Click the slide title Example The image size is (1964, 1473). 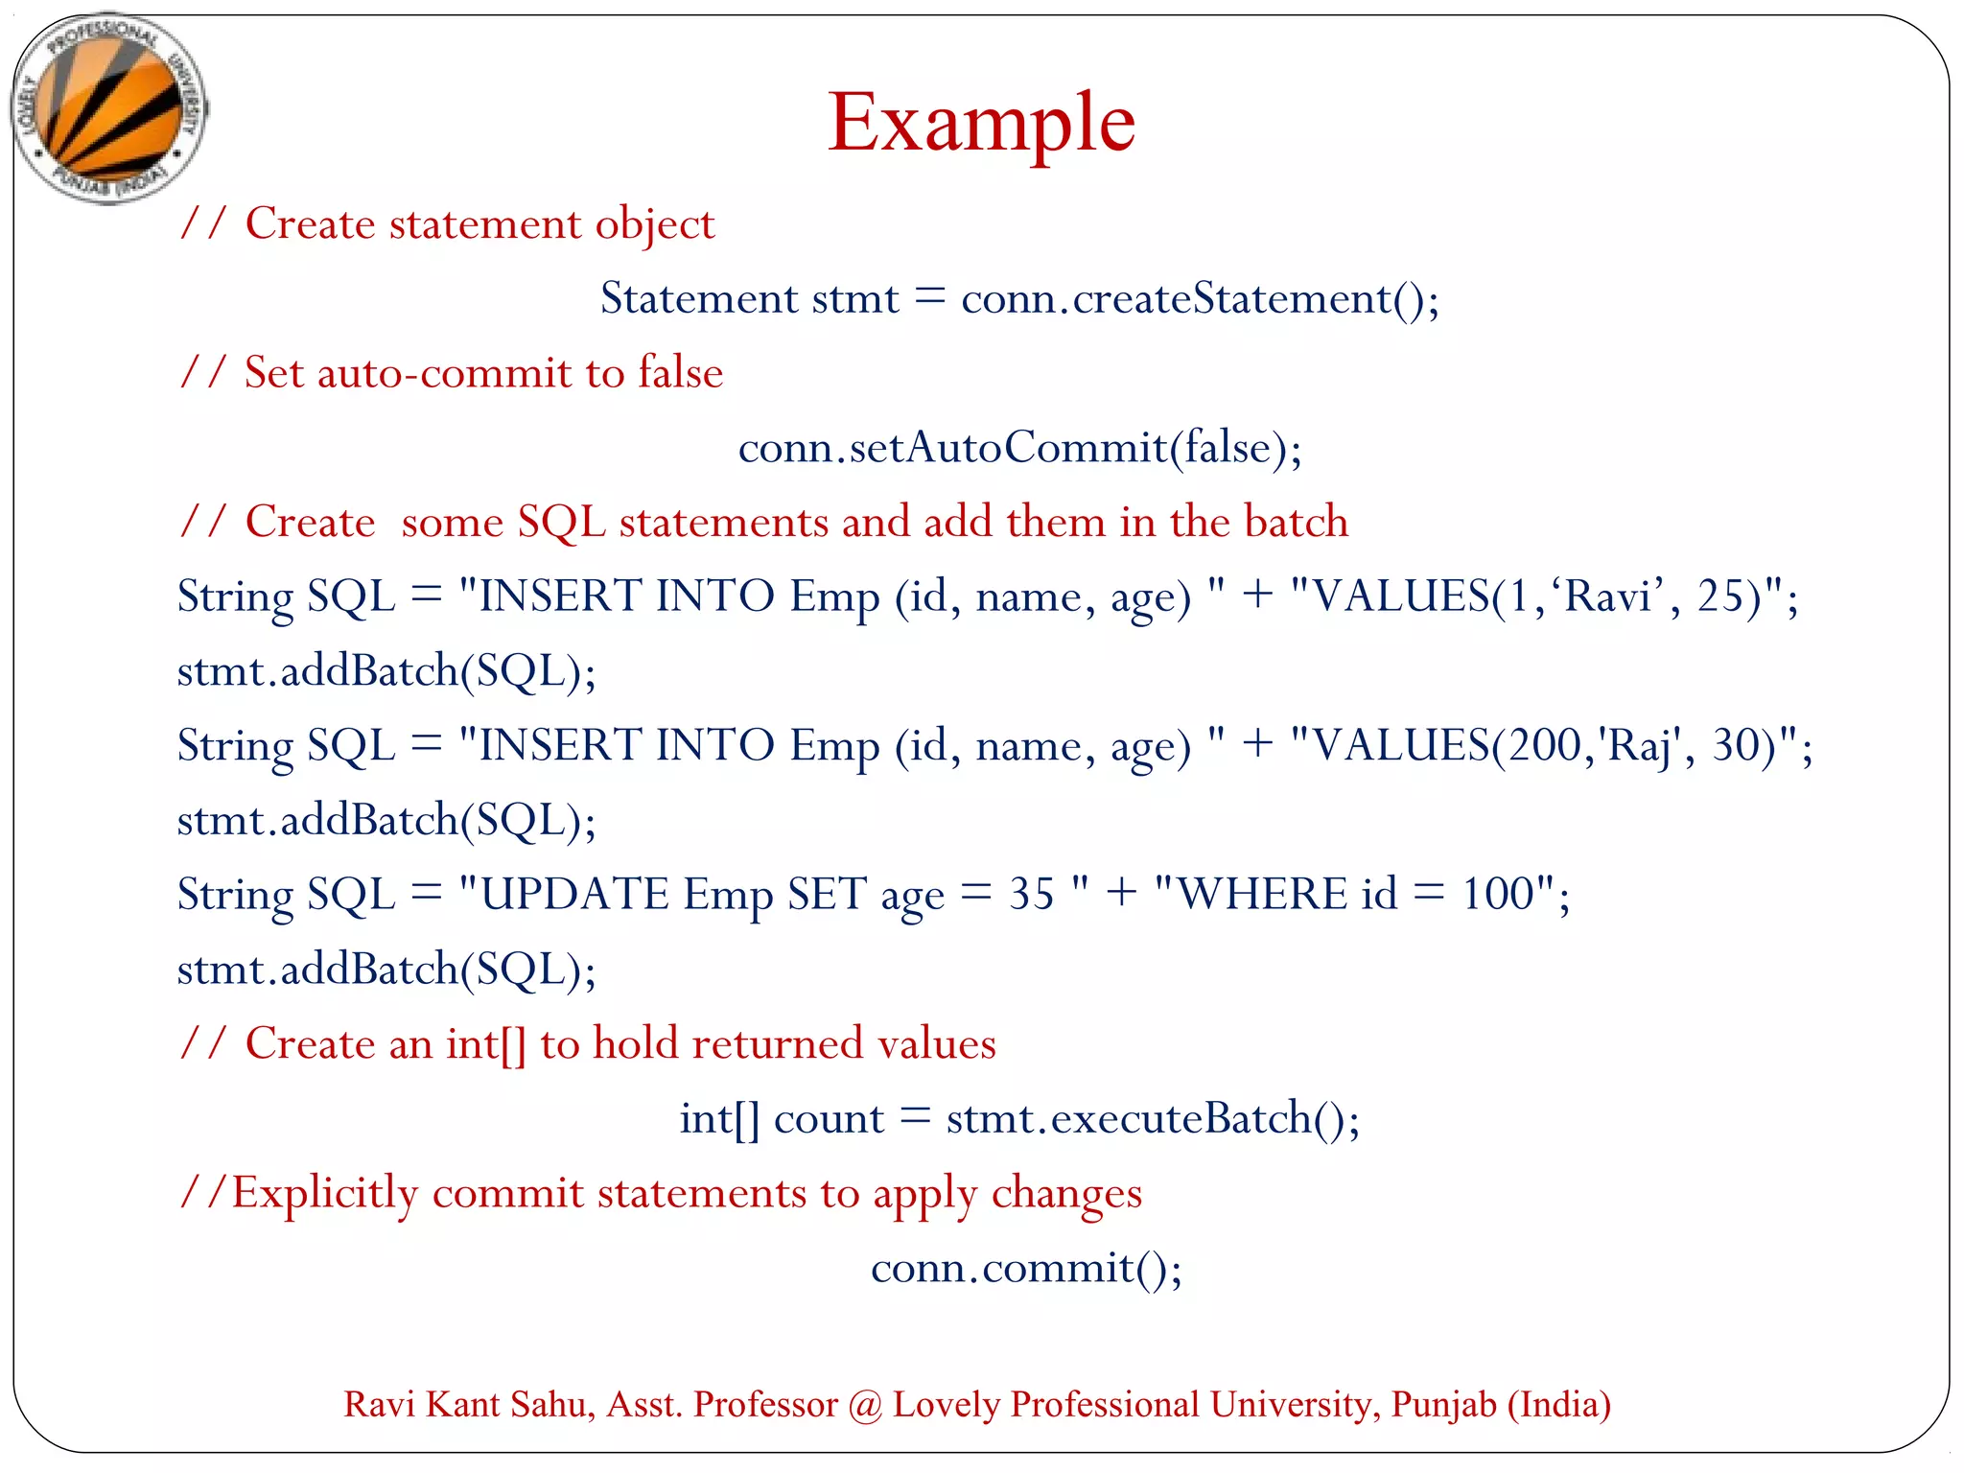(981, 123)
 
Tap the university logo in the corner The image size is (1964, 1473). (108, 107)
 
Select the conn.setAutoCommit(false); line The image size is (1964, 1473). (1019, 448)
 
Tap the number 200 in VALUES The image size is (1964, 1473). (1543, 745)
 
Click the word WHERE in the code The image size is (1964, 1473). (1262, 895)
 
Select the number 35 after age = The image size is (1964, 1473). (1031, 895)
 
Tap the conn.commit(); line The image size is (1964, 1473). (1026, 1269)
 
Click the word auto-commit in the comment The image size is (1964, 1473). (443, 373)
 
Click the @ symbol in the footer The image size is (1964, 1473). (865, 1405)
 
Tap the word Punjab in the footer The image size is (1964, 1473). (1443, 1405)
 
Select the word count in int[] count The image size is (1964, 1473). (829, 1119)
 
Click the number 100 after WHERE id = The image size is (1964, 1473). (1497, 895)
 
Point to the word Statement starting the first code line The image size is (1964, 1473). (699, 299)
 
